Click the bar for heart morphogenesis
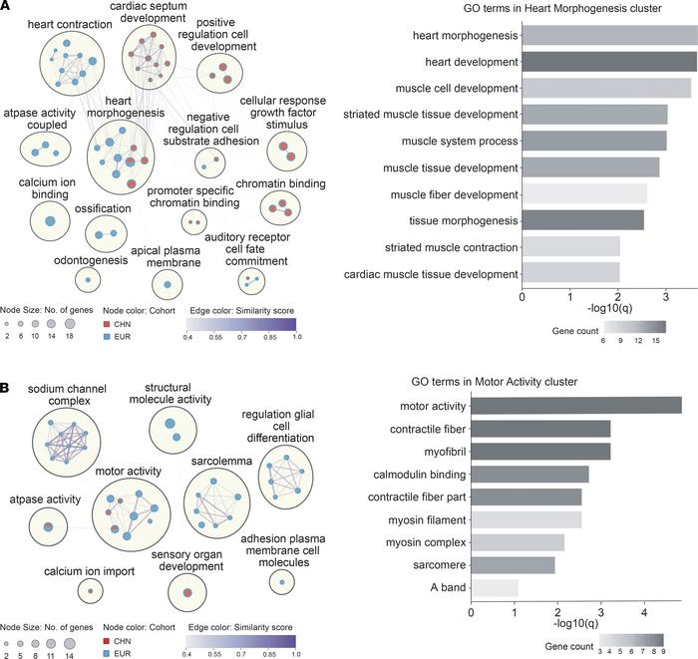tap(609, 37)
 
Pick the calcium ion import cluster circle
tap(91, 591)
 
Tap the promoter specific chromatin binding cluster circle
tap(192, 221)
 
